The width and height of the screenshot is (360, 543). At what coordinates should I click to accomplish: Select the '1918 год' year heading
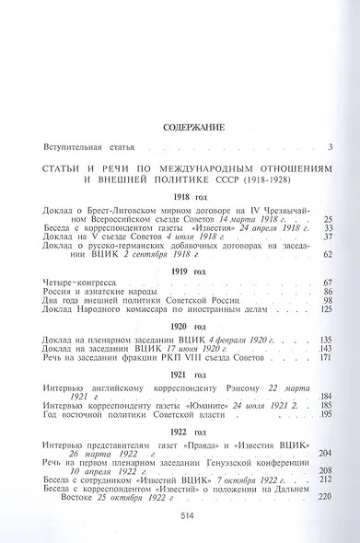pos(180,197)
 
